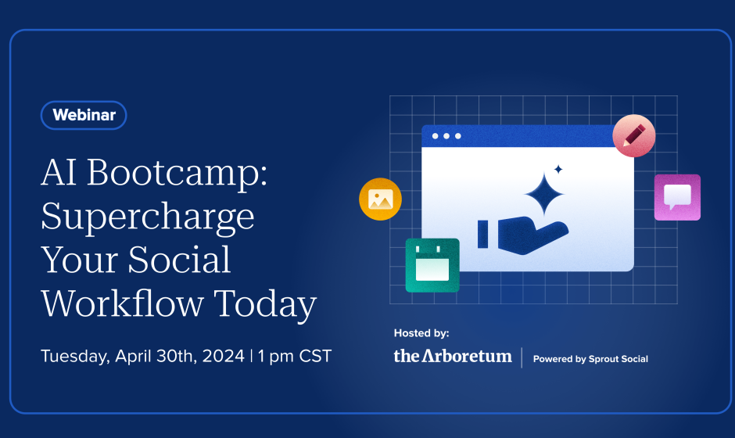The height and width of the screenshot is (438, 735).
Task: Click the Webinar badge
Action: point(84,115)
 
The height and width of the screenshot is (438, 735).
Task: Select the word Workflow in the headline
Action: point(122,303)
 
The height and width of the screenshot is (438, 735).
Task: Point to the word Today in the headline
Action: point(265,305)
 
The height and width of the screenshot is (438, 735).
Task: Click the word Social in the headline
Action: point(180,260)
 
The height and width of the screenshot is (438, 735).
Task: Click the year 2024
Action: point(223,356)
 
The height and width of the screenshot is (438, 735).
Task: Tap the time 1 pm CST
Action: point(294,356)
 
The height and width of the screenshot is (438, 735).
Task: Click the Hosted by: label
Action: point(421,333)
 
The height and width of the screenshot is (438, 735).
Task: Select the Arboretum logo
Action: point(453,356)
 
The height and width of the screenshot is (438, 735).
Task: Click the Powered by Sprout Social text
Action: point(590,359)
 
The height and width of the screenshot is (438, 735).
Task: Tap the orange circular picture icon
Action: point(380,199)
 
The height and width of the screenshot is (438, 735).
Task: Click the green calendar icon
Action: point(432,265)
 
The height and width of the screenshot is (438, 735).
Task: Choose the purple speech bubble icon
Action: point(677,197)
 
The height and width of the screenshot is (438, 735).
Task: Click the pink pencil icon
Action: point(634,135)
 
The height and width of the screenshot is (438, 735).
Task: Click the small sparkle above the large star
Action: point(558,169)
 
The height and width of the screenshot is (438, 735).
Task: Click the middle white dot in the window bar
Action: point(446,136)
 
